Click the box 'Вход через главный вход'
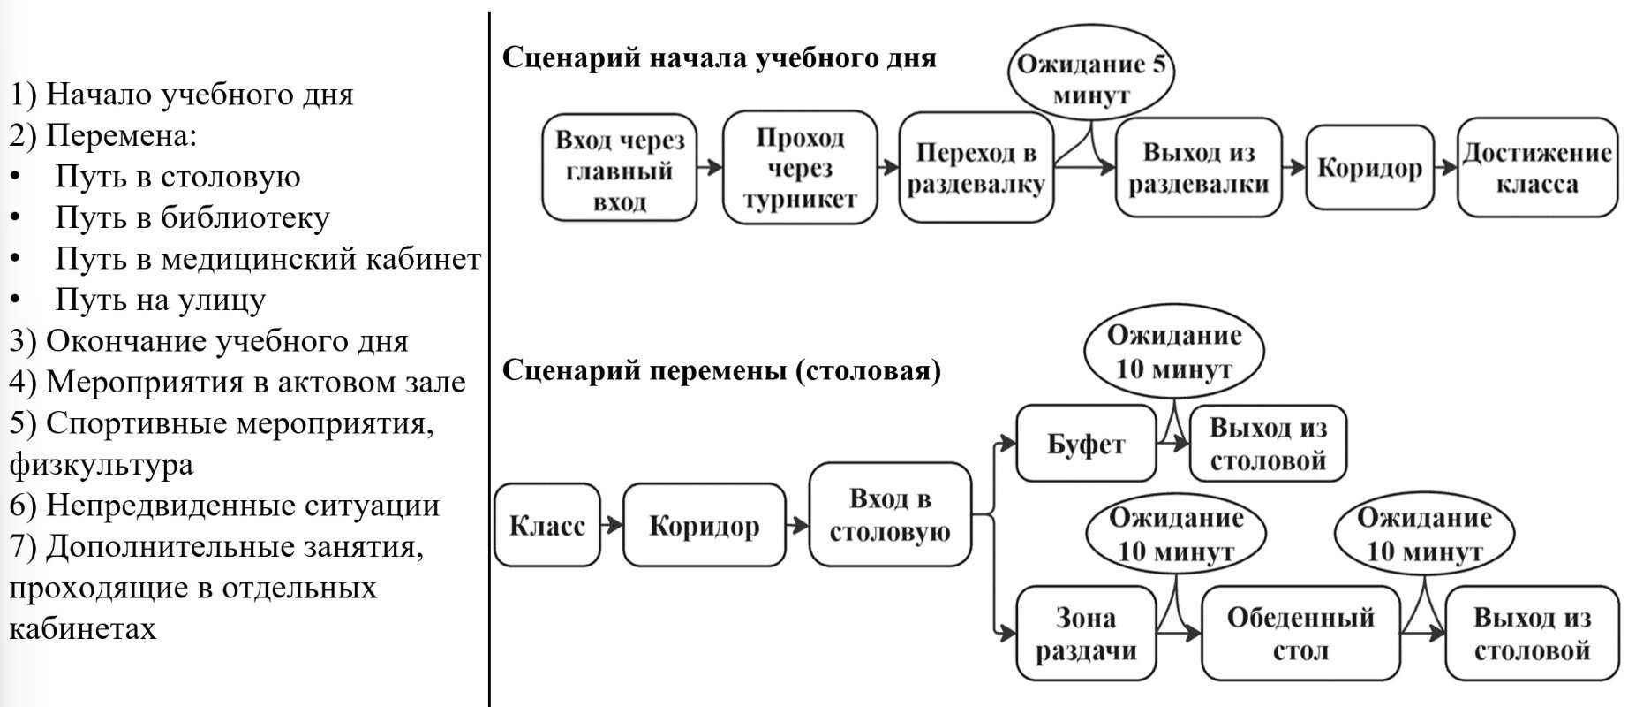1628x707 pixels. tap(619, 168)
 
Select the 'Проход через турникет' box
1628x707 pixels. tap(799, 168)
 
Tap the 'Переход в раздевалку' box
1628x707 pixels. tap(976, 168)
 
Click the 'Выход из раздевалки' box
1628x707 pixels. tap(1198, 168)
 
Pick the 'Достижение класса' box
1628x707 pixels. tap(1537, 168)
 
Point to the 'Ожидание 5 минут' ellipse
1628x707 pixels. tap(1091, 78)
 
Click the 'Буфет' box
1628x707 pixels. tap(1085, 444)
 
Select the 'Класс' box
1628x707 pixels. tap(547, 525)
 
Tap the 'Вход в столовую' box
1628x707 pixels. tap(889, 514)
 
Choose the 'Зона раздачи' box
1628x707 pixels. tap(1085, 634)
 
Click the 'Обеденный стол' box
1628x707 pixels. tap(1300, 634)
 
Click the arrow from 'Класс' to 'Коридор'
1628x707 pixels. tap(611, 525)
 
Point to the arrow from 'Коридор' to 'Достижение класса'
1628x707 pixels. tap(1445, 167)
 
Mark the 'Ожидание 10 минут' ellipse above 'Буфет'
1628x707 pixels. tap(1173, 352)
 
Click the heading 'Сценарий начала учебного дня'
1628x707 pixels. tap(719, 58)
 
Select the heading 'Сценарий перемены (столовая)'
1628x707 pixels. tap(721, 370)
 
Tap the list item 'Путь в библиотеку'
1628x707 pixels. tap(192, 217)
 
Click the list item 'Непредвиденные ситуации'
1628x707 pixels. tap(242, 506)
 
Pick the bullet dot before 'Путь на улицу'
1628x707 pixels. tap(15, 300)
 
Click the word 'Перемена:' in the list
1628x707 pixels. tap(121, 136)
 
